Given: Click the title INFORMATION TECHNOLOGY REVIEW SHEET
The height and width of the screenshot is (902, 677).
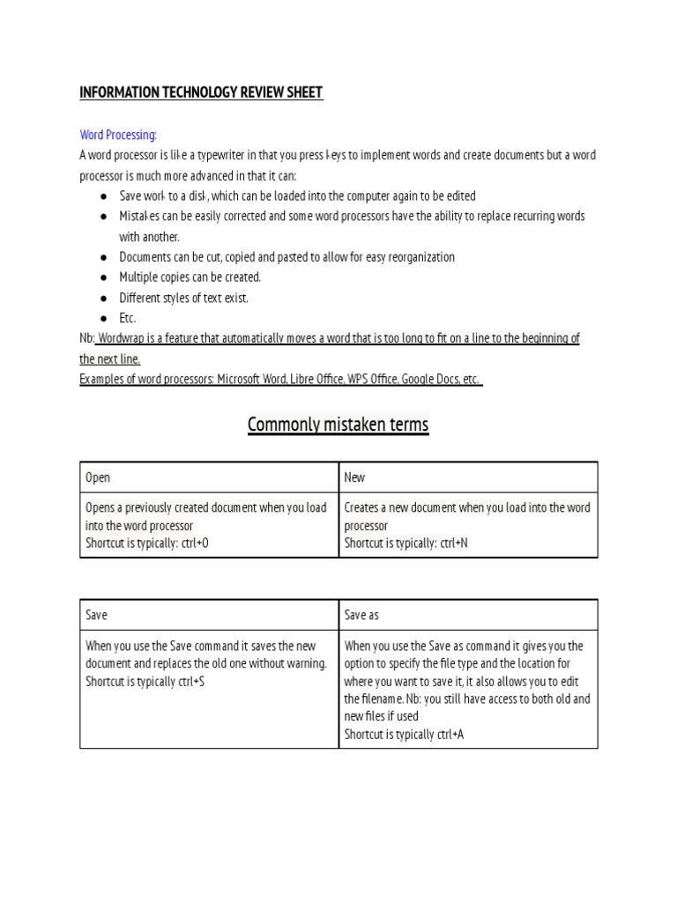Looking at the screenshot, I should tap(201, 92).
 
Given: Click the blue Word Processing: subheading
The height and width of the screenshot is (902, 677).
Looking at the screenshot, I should tap(118, 135).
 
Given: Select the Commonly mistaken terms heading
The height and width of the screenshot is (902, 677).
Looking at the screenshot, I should tap(338, 425).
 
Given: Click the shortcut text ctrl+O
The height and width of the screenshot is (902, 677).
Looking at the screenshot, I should tap(193, 543).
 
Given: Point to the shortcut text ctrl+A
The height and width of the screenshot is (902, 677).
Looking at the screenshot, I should tap(448, 734).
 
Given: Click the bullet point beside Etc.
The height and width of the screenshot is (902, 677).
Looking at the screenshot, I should tap(103, 318).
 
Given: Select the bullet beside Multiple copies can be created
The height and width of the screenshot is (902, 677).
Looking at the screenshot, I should tap(103, 277).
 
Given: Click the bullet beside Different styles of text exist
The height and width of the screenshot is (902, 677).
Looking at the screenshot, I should tap(103, 298).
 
